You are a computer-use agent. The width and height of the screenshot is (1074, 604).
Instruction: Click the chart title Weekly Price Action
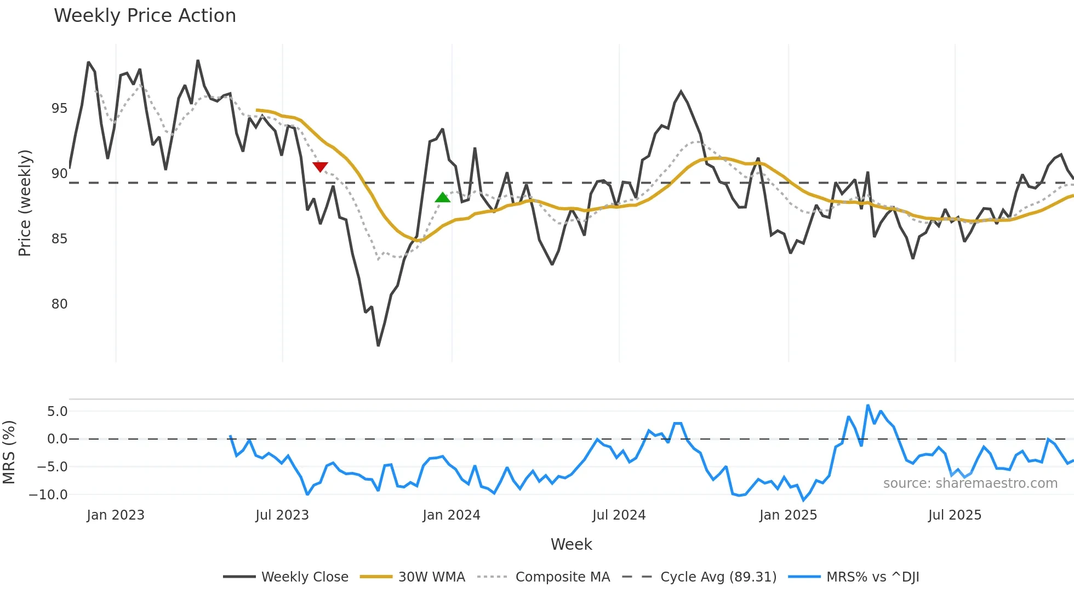click(145, 16)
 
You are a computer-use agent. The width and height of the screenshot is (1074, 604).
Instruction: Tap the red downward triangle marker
click(320, 167)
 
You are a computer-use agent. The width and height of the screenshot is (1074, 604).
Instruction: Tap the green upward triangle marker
click(442, 197)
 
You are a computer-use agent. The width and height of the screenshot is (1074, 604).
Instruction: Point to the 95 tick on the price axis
click(59, 109)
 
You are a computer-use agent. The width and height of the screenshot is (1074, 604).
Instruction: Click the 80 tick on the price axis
click(59, 304)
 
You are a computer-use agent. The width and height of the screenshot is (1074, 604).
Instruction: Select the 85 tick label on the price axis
click(59, 239)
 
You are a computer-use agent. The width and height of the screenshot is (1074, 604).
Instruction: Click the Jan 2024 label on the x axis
click(451, 515)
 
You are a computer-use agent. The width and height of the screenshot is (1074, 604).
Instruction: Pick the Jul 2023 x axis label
click(282, 515)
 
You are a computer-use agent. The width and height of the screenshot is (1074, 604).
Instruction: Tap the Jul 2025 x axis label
click(955, 515)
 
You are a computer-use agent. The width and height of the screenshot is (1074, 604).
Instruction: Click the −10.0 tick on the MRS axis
click(48, 495)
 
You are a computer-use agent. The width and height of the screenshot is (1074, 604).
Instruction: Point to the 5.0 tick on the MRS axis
click(57, 412)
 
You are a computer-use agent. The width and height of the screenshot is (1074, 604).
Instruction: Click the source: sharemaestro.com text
click(970, 483)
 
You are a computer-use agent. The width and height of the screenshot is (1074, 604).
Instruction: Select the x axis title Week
click(571, 544)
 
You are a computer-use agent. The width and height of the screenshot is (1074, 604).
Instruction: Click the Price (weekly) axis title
click(25, 203)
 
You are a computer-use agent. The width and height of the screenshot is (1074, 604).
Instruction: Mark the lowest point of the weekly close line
click(378, 345)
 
